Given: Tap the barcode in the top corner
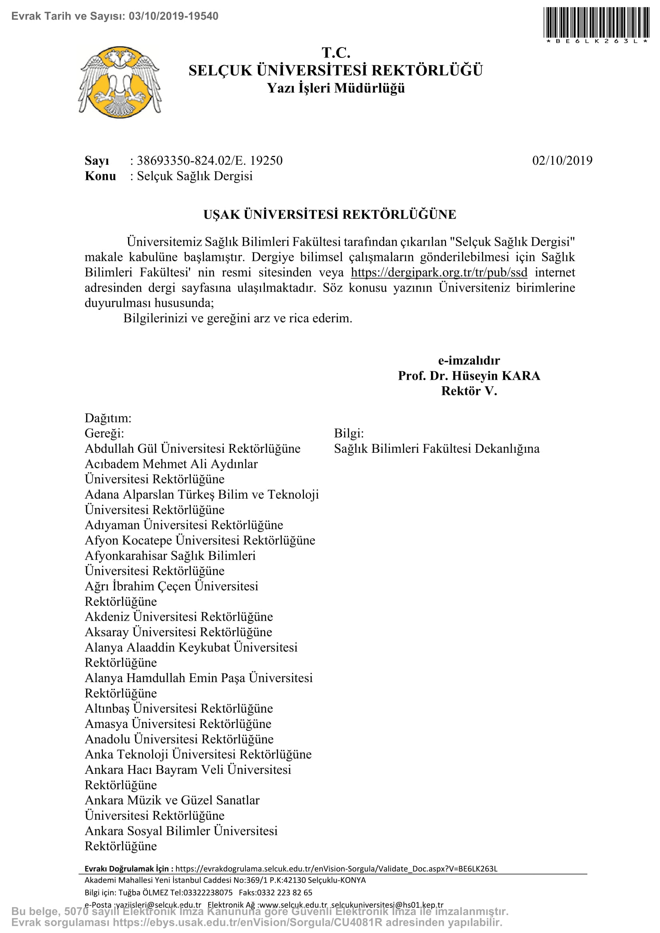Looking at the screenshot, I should (x=597, y=23).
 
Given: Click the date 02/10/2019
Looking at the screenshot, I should (x=562, y=160).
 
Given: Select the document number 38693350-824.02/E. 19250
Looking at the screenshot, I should (x=210, y=160).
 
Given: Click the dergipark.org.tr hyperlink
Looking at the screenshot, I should (x=439, y=272).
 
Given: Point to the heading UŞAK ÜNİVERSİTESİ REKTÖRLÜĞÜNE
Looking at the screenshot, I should (x=330, y=214).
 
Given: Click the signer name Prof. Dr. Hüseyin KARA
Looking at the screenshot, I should (x=469, y=375).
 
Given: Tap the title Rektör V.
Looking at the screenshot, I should (x=469, y=391).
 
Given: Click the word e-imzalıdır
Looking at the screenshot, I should (x=469, y=361).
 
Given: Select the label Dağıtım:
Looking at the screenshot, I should (x=108, y=418).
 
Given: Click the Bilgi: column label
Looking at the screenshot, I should (x=349, y=433).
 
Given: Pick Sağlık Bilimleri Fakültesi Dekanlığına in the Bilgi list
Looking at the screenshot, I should (x=437, y=449).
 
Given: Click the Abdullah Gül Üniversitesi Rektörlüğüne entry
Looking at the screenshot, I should (x=193, y=449).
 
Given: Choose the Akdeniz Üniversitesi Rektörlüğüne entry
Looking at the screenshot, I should (x=179, y=617).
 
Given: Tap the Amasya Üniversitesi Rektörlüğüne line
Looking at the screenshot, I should (x=178, y=724).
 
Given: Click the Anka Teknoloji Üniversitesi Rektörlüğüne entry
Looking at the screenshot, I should (x=198, y=754).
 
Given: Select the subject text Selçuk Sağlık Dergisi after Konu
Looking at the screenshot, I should (x=195, y=176).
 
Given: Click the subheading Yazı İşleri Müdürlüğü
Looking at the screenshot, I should (x=336, y=88).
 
